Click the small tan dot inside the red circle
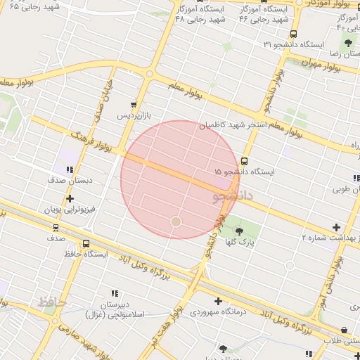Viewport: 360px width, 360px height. (176, 221)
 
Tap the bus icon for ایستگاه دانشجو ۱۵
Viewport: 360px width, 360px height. (244, 160)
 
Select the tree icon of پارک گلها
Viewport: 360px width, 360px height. (240, 231)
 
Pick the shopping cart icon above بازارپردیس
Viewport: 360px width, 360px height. (134, 104)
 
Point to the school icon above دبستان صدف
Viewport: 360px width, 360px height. (70, 169)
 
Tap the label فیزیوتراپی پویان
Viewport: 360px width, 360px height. (68, 210)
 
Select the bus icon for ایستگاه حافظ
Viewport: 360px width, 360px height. (86, 243)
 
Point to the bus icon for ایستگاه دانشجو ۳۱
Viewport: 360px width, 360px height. (293, 34)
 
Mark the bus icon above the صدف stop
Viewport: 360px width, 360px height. (56, 228)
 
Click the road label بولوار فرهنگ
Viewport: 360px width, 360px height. (88, 134)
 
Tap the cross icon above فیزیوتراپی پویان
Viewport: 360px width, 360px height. (70, 199)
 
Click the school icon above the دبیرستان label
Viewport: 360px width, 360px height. (114, 293)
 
